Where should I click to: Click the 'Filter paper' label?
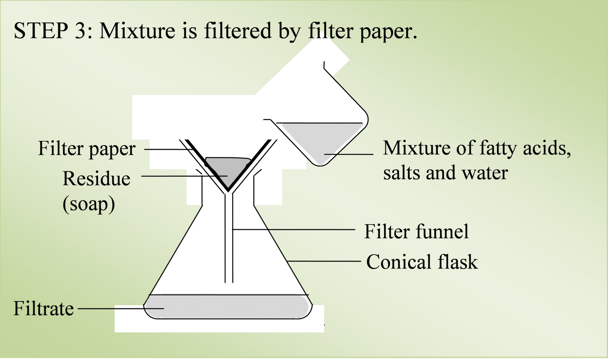pyautogui.click(x=87, y=149)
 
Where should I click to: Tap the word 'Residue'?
pyautogui.click(x=96, y=178)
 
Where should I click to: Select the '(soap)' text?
pyautogui.click(x=89, y=204)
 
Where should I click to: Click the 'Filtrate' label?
pyautogui.click(x=43, y=308)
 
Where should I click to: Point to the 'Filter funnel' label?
pyautogui.click(x=416, y=231)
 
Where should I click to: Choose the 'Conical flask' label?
pyautogui.click(x=422, y=262)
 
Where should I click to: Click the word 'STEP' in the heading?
pyautogui.click(x=40, y=31)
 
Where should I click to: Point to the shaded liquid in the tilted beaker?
pyautogui.click(x=321, y=141)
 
